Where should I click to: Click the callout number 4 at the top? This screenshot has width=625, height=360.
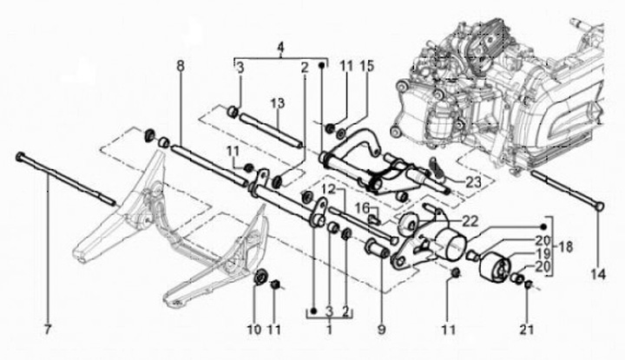(280, 45)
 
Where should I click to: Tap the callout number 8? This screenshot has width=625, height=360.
(180, 66)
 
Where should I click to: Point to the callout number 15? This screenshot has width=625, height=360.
(367, 67)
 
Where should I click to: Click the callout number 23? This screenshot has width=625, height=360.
(472, 181)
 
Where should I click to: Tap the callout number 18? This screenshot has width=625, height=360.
(567, 247)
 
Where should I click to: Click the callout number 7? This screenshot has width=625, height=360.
(49, 329)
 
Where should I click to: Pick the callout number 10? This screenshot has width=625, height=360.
(254, 329)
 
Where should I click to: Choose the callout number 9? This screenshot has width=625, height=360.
(379, 329)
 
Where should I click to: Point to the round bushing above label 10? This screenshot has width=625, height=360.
(258, 278)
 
